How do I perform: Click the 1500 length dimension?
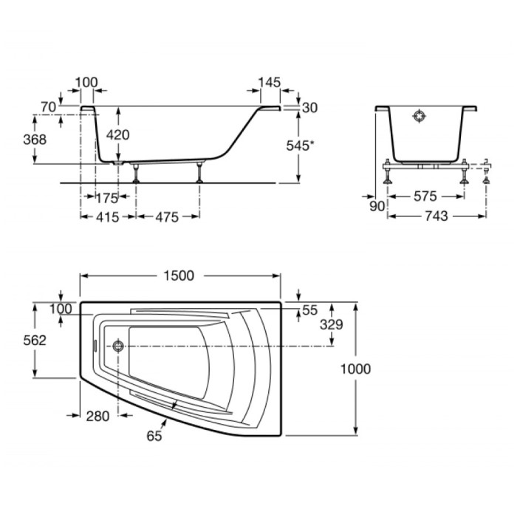(x=179, y=275)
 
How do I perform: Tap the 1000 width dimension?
(x=355, y=369)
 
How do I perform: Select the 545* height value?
(x=298, y=145)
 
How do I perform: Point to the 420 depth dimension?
(x=118, y=135)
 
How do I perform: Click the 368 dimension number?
(x=35, y=140)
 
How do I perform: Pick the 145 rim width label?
(x=270, y=83)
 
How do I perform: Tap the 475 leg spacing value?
(x=167, y=217)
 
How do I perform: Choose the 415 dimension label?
(x=108, y=217)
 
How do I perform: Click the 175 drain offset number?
(x=106, y=198)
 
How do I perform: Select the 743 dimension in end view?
(x=436, y=216)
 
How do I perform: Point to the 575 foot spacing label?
(x=425, y=196)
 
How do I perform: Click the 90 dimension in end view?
(x=377, y=206)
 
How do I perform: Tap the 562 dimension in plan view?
(x=35, y=340)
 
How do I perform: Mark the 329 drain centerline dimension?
(x=332, y=325)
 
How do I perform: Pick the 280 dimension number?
(x=97, y=416)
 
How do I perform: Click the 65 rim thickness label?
(x=154, y=436)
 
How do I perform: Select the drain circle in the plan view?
(x=118, y=346)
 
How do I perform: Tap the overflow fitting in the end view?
(x=419, y=116)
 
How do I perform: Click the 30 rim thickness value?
(x=310, y=108)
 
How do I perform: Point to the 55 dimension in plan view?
(x=310, y=310)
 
